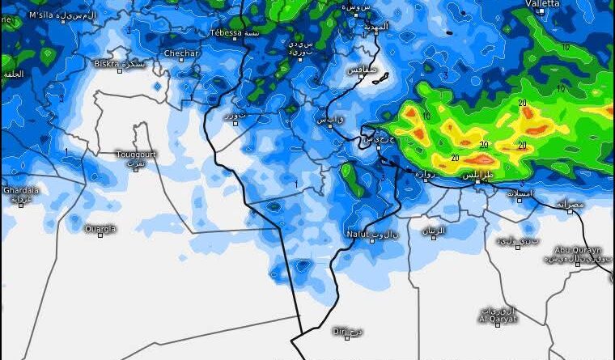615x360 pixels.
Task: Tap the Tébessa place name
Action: click(x=226, y=33)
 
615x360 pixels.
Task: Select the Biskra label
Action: click(x=106, y=62)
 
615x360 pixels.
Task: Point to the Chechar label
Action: click(x=182, y=53)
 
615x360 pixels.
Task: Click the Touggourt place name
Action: click(x=136, y=154)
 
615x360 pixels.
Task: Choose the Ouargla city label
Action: click(x=100, y=228)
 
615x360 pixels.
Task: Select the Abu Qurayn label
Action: click(x=578, y=250)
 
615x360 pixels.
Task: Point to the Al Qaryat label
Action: click(x=495, y=319)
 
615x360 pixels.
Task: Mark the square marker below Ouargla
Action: click(x=100, y=236)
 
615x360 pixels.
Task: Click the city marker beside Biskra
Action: click(x=120, y=70)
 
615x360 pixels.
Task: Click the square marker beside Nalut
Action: click(x=371, y=240)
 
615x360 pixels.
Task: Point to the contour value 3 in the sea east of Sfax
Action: click(x=445, y=76)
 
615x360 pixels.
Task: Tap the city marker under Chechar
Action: click(x=182, y=62)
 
